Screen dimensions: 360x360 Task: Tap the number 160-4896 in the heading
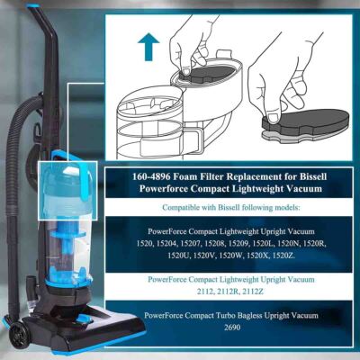pyautogui.click(x=155, y=178)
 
